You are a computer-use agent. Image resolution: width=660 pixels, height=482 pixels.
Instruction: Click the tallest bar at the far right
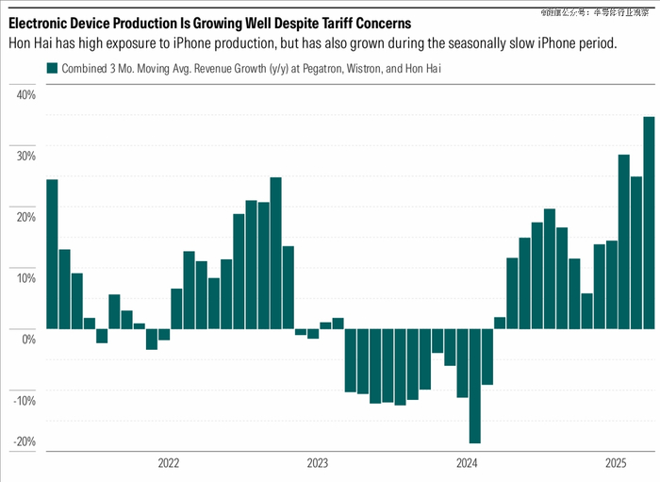pos(649,223)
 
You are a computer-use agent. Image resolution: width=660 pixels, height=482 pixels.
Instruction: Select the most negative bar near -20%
pos(474,386)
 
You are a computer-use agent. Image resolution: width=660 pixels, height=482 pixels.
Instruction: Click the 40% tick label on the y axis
pos(25,95)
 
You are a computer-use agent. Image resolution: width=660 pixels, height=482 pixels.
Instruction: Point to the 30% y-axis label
pos(25,157)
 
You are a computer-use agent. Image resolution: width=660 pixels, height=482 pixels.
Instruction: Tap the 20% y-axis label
pos(25,217)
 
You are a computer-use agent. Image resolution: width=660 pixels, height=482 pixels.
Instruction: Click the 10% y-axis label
pos(25,278)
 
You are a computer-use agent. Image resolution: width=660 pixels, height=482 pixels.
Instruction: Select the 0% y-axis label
pos(28,339)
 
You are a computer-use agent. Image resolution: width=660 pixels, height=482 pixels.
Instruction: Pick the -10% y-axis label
pos(24,400)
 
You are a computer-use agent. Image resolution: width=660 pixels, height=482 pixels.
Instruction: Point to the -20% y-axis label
pos(24,441)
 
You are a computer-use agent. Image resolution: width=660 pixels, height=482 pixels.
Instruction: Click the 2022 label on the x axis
pos(169,463)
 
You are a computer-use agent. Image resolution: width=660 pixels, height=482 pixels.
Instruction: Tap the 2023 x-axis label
pos(318,463)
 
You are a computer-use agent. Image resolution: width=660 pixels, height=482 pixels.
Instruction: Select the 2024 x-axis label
pos(467,463)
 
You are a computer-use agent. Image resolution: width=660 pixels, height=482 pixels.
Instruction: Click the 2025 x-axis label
pos(616,463)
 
